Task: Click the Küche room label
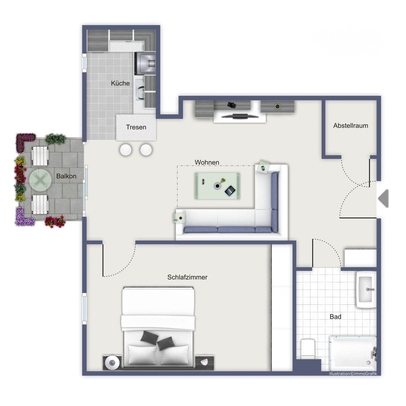point(120,83)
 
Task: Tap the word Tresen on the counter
point(136,127)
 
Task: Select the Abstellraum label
point(350,126)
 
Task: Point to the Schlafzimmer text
point(187,277)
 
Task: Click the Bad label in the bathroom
point(335,317)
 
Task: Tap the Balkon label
point(66,176)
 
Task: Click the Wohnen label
point(207,162)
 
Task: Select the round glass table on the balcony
point(40,180)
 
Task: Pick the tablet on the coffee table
point(230,191)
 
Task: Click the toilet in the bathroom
point(308,348)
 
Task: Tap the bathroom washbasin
point(366,289)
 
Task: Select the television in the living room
point(240,116)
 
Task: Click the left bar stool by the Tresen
point(125,150)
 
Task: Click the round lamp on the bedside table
point(112,362)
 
